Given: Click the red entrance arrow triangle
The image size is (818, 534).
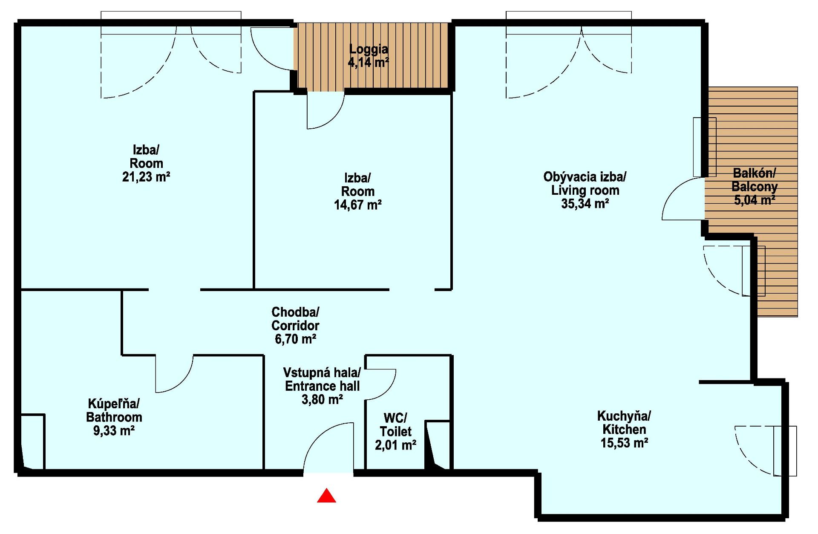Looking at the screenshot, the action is [x=326, y=496].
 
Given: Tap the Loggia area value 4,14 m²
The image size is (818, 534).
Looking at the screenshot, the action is [x=369, y=63].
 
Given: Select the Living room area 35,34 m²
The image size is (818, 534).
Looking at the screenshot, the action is [x=585, y=204].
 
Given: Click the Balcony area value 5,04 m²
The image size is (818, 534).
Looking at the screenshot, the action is [x=754, y=199].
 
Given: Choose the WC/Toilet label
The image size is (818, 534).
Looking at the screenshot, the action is [x=395, y=424].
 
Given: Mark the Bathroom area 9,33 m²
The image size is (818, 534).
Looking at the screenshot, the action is [x=114, y=430].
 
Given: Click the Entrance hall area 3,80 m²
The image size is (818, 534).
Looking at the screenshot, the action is [x=323, y=399].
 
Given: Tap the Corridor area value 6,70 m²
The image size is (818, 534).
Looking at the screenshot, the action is [x=295, y=339].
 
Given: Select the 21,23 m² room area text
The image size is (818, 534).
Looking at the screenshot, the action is [x=146, y=176].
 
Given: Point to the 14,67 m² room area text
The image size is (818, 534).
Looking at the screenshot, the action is [x=357, y=205].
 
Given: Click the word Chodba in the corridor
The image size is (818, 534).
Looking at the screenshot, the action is [x=295, y=312].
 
